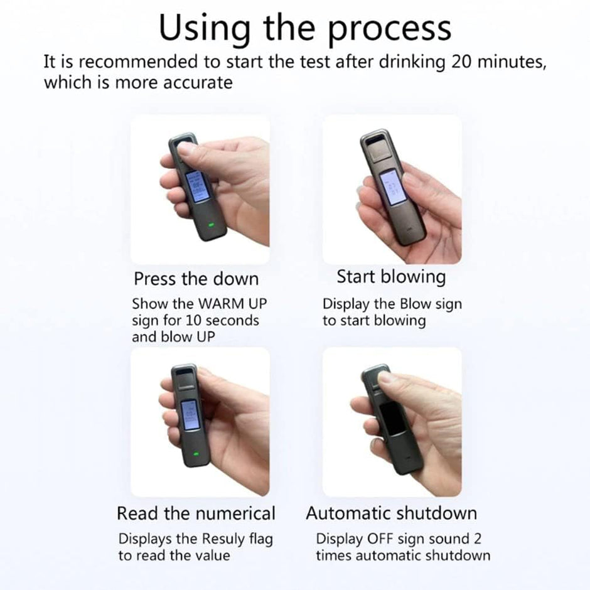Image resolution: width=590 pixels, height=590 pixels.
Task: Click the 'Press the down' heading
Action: [196, 278]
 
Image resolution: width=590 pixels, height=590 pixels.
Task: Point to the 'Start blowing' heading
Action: [391, 277]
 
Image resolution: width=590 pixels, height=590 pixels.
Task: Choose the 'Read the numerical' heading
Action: [196, 513]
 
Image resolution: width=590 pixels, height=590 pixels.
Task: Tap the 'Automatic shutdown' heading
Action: [391, 513]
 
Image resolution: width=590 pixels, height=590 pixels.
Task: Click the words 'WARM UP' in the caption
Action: [232, 304]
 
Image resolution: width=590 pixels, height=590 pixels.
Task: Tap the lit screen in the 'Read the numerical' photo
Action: [189, 416]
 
